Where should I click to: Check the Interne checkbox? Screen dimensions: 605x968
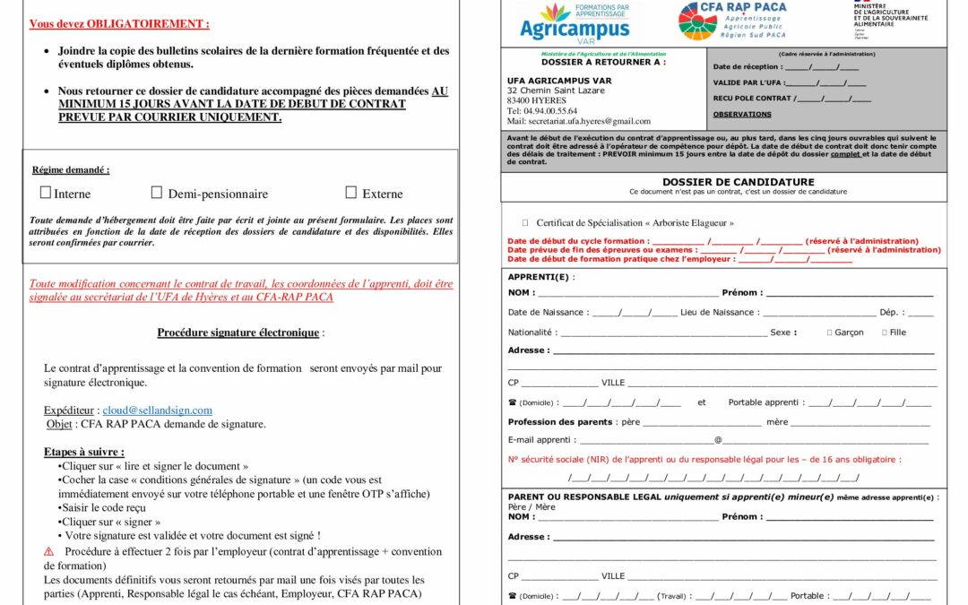click(x=46, y=193)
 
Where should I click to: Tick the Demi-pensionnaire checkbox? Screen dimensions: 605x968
click(x=157, y=193)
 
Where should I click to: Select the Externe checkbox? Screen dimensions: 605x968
click(x=351, y=193)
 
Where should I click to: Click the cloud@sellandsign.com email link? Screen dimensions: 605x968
click(x=157, y=411)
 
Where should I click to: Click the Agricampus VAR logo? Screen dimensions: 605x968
click(x=575, y=22)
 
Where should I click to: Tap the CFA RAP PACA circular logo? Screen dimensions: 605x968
click(x=697, y=22)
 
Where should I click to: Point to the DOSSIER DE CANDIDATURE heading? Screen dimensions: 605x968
click(x=738, y=182)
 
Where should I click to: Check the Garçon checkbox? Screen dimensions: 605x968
click(x=830, y=333)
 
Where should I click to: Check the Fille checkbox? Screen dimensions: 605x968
click(x=885, y=333)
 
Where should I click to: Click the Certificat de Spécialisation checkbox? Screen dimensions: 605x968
click(x=525, y=222)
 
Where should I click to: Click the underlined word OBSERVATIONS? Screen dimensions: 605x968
click(x=742, y=115)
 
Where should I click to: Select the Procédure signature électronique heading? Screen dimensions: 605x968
click(x=238, y=333)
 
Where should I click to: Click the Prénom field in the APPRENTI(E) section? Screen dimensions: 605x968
click(x=849, y=293)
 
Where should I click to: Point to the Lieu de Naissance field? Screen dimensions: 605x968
click(x=817, y=313)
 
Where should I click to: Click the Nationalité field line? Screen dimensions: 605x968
click(x=662, y=333)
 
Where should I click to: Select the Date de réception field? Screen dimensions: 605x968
click(x=821, y=67)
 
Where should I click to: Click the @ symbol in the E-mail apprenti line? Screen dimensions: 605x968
click(x=718, y=440)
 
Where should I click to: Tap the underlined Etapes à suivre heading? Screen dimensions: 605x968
click(x=83, y=452)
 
